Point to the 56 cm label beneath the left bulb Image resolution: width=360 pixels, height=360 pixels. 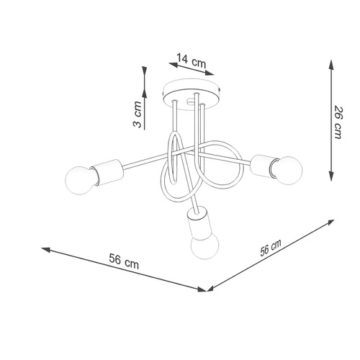124,263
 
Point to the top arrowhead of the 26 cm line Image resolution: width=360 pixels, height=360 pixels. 330,63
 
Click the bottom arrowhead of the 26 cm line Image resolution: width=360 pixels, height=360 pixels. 330,179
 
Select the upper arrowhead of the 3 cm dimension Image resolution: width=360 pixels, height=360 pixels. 145,71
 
